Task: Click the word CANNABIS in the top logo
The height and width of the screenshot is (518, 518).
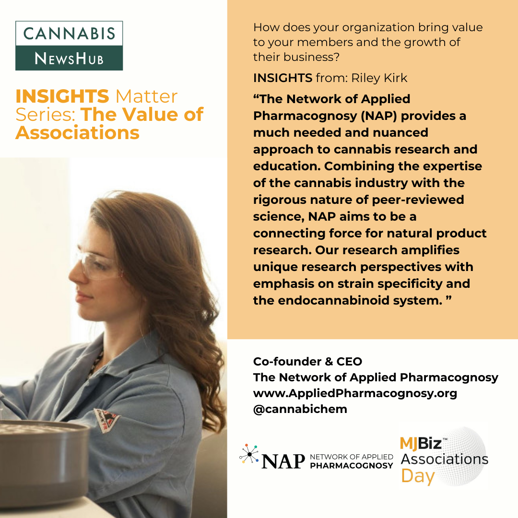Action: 69,34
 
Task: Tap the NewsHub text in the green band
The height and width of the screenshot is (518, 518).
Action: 69,59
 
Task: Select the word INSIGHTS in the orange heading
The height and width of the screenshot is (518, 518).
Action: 62,96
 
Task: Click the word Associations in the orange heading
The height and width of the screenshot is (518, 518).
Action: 77,132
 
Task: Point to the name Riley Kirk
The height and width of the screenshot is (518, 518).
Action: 379,78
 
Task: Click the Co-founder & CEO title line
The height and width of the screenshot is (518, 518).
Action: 307,362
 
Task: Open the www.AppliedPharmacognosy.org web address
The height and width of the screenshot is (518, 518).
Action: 355,393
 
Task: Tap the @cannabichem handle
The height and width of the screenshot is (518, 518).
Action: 300,409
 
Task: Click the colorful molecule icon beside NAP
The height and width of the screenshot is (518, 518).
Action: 249,454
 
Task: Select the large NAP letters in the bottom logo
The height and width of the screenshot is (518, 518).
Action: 283,461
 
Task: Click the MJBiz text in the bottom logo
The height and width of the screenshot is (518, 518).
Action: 421,443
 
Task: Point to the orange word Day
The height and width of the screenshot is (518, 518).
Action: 418,477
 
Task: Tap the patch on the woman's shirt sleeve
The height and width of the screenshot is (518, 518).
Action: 106,421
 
